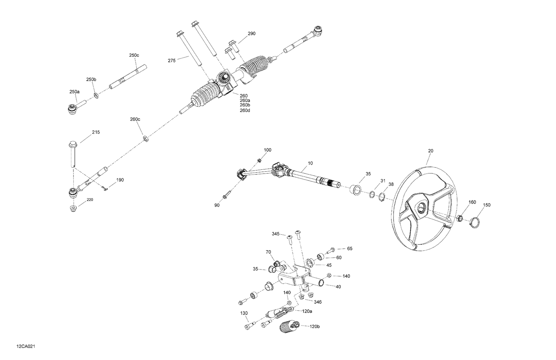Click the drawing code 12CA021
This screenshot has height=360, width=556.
(26, 346)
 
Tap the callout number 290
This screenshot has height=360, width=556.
(251, 34)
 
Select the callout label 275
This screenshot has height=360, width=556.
(172, 60)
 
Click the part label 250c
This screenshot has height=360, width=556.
(134, 55)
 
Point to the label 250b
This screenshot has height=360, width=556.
(91, 80)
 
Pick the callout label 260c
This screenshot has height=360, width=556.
(135, 119)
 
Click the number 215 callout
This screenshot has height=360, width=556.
(96, 132)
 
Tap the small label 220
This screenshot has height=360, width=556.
(90, 200)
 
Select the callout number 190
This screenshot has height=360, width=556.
(120, 180)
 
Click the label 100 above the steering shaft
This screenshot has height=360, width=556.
(267, 150)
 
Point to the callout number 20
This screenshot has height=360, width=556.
(430, 151)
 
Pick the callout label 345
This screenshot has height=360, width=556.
(275, 234)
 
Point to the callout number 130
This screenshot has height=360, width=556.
(244, 313)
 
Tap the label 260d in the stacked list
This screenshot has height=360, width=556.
(245, 110)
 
